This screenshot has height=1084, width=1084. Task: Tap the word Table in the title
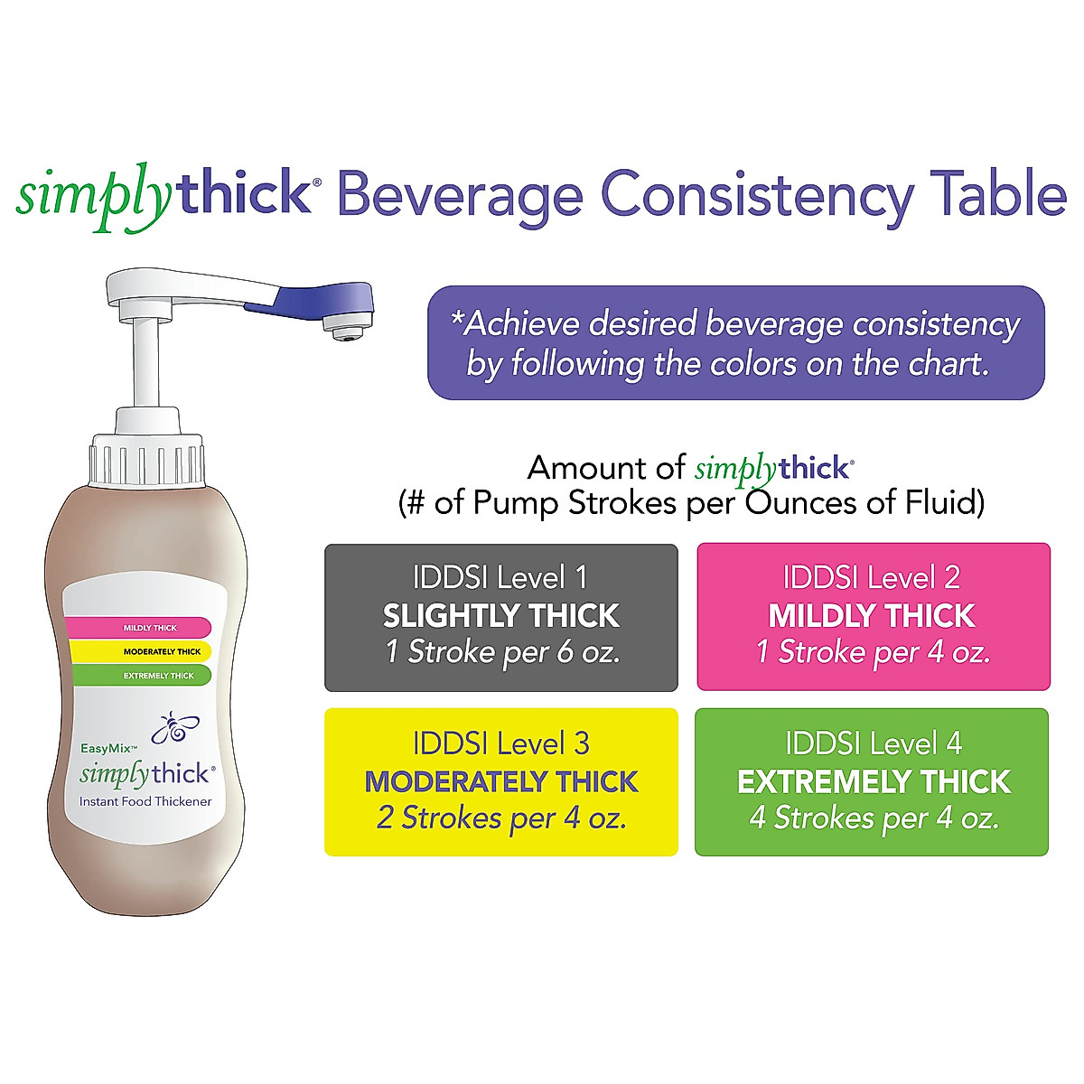point(1001,195)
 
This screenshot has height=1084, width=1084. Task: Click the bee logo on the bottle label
point(176,728)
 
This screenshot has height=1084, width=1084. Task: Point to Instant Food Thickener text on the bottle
point(145,801)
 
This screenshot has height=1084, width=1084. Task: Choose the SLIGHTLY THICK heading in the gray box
point(501,616)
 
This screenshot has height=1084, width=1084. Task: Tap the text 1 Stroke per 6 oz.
point(502,652)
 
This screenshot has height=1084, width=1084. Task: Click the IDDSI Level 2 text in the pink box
point(872,577)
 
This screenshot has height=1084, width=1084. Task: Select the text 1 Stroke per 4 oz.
point(874,652)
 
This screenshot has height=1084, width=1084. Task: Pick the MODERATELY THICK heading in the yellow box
point(501,781)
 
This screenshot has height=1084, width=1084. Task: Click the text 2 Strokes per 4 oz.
point(501,818)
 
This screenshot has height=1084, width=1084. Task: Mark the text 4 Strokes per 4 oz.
point(874,818)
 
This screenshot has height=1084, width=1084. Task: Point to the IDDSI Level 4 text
point(874,744)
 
